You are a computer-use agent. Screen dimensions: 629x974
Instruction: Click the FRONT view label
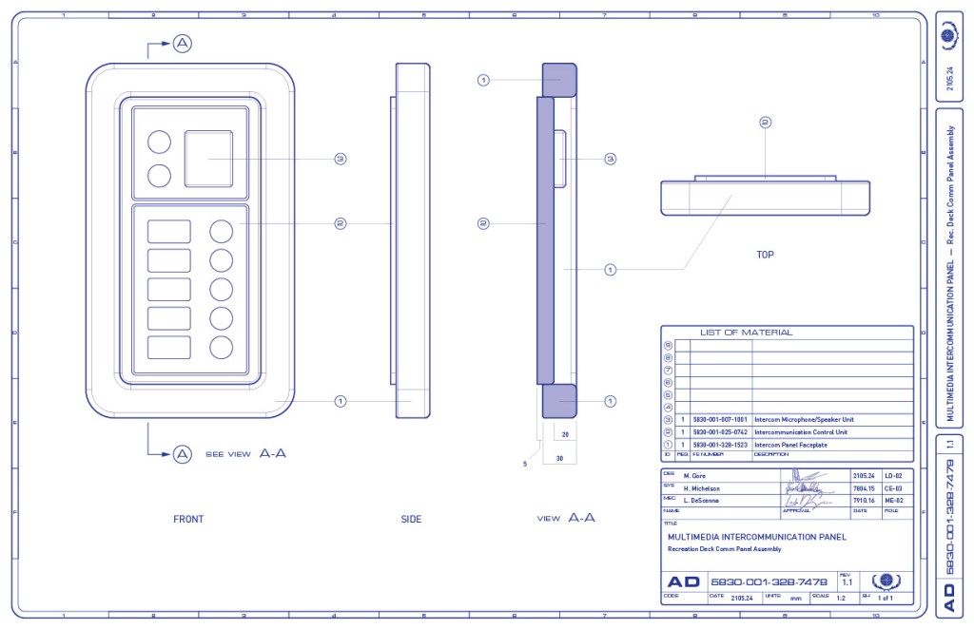pyautogui.click(x=188, y=519)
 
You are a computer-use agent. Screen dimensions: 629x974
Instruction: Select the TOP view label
pyautogui.click(x=765, y=255)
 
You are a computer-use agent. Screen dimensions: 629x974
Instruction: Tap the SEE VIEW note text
pyautogui.click(x=227, y=454)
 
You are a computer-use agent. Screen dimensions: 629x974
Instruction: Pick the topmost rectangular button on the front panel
pyautogui.click(x=168, y=231)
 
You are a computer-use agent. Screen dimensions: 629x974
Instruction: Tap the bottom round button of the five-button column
pyautogui.click(x=222, y=347)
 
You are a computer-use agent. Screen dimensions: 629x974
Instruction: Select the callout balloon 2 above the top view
pyautogui.click(x=765, y=123)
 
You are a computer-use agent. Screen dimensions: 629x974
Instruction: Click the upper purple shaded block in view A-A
pyautogui.click(x=559, y=79)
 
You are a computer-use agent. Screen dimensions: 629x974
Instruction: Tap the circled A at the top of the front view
pyautogui.click(x=182, y=43)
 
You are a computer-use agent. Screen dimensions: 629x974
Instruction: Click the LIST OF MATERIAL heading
pyautogui.click(x=746, y=333)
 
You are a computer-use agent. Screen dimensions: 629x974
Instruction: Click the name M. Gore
pyautogui.click(x=699, y=475)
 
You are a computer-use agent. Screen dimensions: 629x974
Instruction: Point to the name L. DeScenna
pyautogui.click(x=705, y=500)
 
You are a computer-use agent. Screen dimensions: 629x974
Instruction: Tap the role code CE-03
pyautogui.click(x=892, y=487)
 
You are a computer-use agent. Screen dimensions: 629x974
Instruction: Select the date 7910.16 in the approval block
pyautogui.click(x=864, y=500)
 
